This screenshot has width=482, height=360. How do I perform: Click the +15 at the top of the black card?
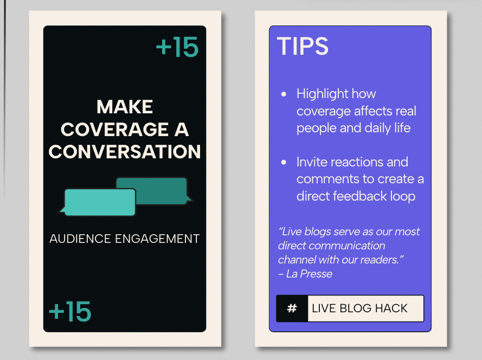(177, 47)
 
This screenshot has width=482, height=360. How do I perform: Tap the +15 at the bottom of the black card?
(70, 311)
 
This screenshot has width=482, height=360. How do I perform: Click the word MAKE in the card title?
(125, 107)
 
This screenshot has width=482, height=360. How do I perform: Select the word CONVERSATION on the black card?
(125, 152)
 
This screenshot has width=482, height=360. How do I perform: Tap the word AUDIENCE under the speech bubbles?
(80, 239)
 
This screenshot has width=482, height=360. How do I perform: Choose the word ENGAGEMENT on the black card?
(157, 239)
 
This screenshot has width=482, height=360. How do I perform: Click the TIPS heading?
(303, 46)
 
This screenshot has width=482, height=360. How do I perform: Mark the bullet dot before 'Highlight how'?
(284, 94)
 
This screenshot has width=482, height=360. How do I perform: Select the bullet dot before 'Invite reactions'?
(284, 162)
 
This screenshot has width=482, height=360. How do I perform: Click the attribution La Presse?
(309, 274)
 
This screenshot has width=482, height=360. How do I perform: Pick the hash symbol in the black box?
(292, 308)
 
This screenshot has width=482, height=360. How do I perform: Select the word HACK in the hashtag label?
(391, 308)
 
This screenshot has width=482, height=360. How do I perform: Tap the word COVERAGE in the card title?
(114, 130)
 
